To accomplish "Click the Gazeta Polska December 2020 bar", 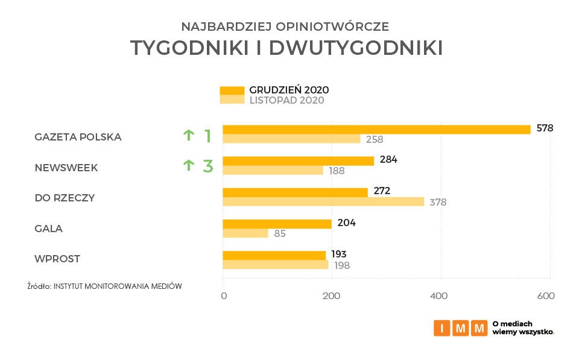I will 376,129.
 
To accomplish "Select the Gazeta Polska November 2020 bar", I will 291,139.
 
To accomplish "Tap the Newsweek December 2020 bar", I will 298,160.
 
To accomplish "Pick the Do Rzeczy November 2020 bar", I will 323,201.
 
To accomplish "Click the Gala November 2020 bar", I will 245,233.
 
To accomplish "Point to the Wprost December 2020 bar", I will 274,255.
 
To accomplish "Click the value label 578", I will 545,128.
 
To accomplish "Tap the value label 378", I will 438,202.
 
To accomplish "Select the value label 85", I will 279,233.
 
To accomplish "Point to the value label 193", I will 339,254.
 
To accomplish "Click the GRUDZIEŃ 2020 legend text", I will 289,90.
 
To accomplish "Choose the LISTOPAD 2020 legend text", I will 286,100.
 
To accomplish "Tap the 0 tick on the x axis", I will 224,296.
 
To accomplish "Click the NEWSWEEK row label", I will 66,168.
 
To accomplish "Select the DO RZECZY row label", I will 65,198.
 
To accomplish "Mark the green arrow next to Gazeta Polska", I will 189,135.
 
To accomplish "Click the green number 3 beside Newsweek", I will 208,166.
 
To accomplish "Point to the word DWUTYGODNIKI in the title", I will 355,48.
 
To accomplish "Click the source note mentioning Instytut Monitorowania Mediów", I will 104,286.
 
